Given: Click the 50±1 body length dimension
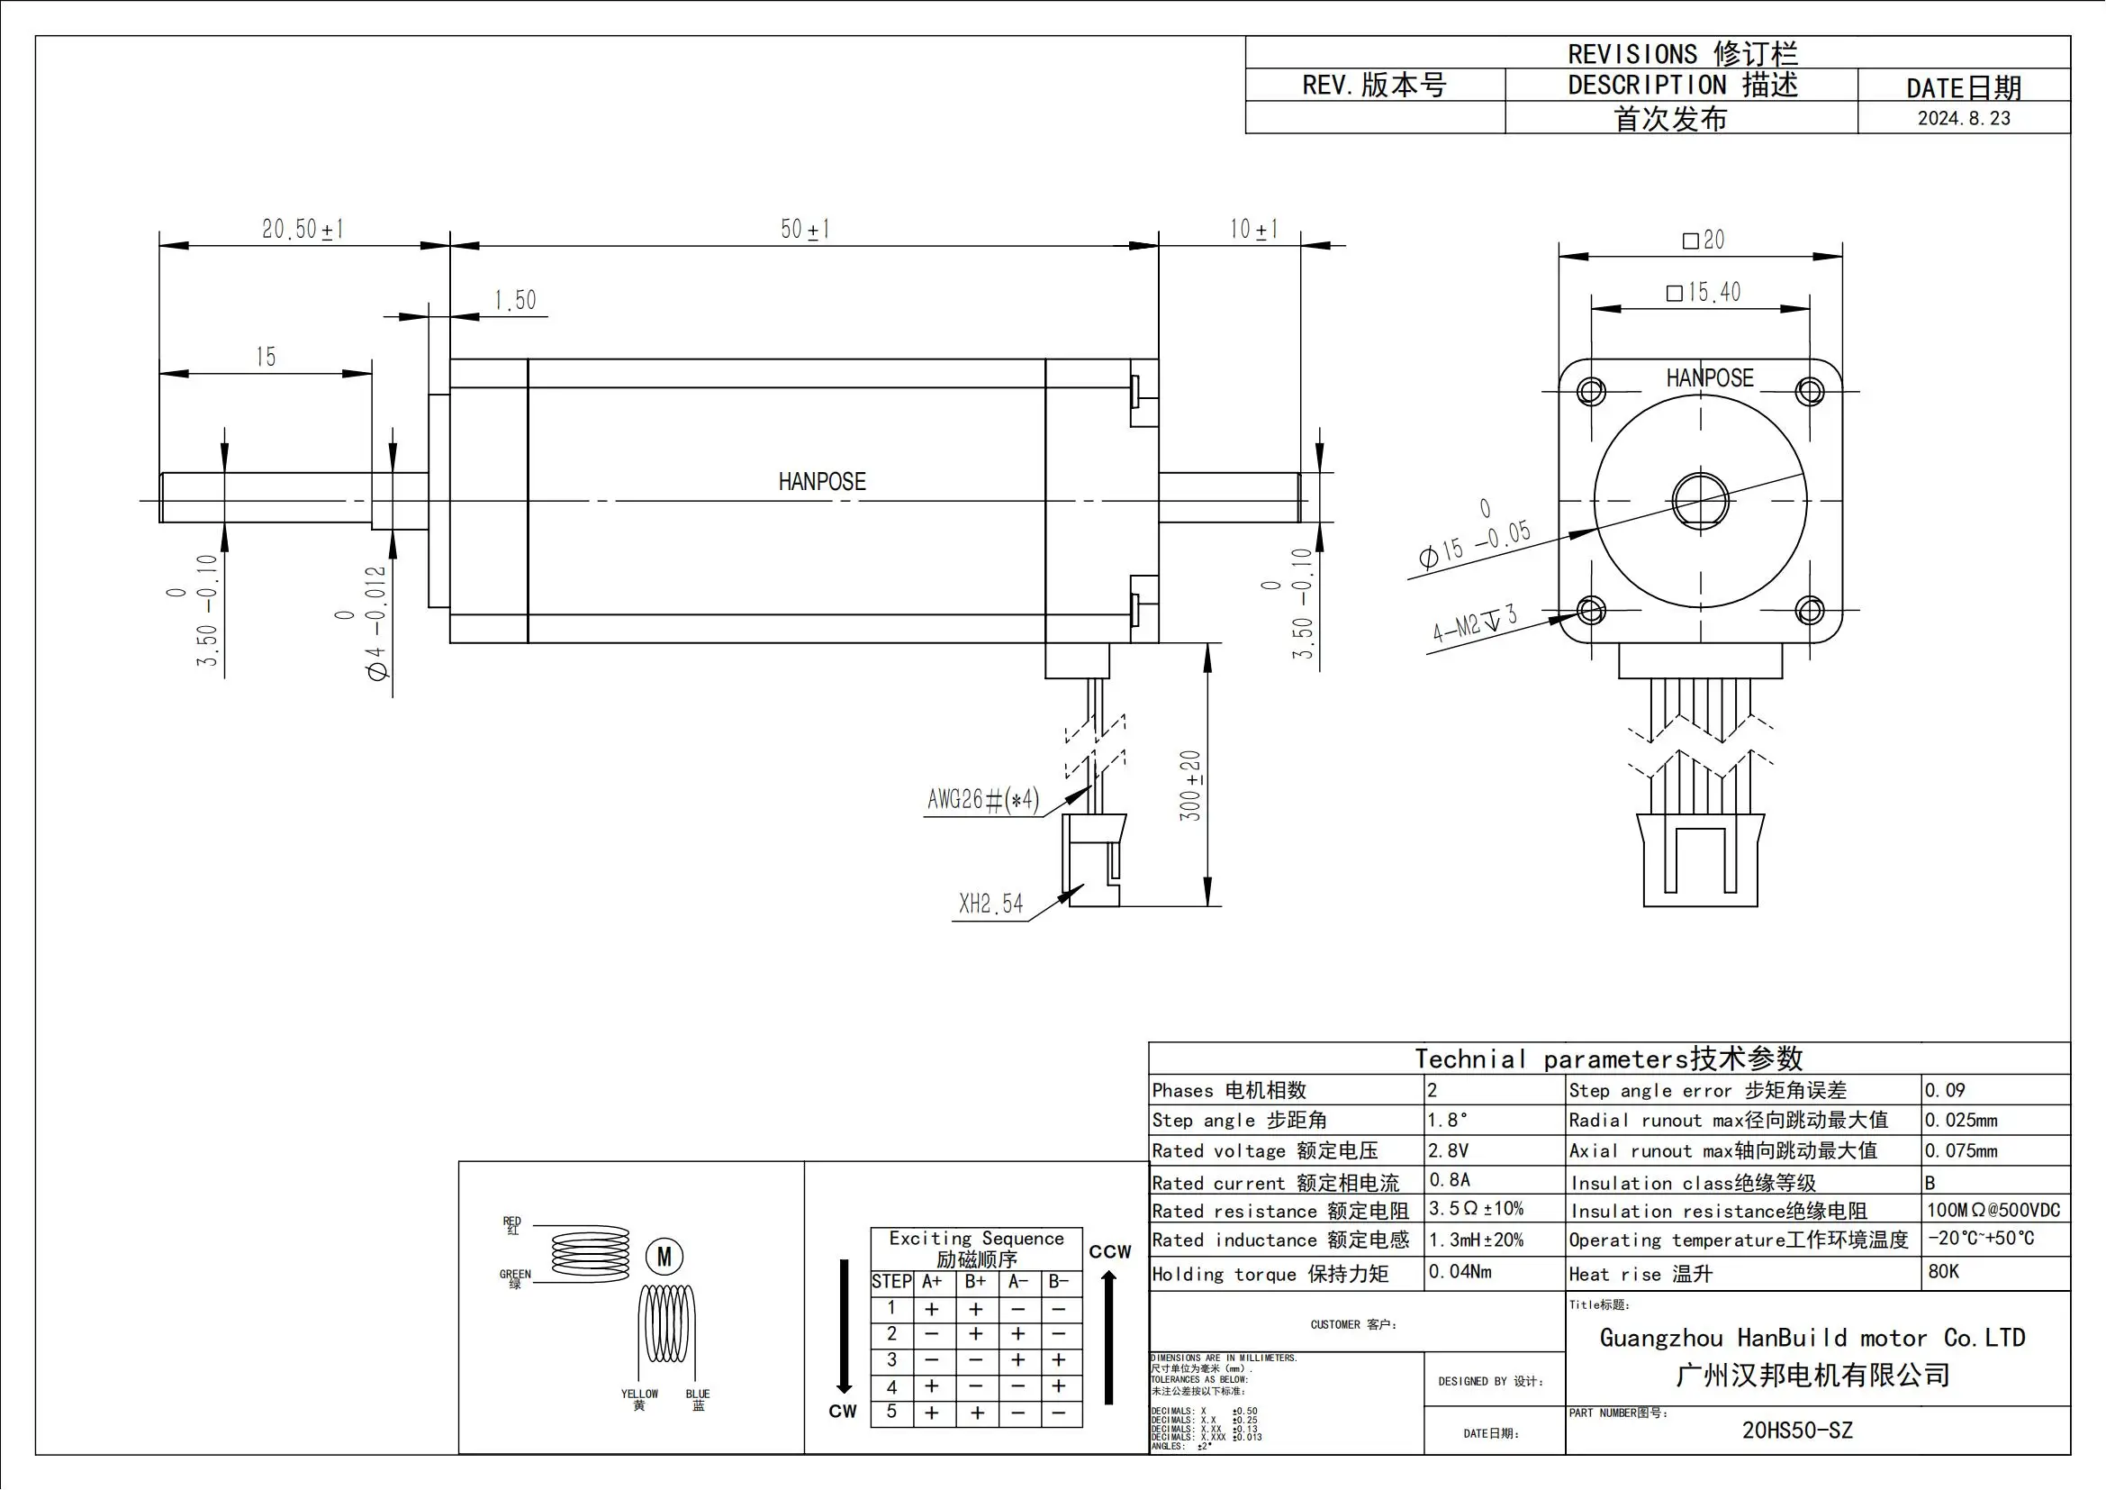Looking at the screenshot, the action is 804,229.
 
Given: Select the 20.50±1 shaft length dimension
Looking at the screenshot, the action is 303,229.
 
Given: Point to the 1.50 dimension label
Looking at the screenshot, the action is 515,300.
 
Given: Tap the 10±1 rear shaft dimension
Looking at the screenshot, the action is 1253,229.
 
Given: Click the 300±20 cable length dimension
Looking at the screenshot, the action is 1190,786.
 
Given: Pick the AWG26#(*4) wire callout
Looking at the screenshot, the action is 983,800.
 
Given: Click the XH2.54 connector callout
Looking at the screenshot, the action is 990,904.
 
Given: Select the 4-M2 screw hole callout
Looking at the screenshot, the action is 1475,623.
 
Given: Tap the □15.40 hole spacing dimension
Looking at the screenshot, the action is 1704,293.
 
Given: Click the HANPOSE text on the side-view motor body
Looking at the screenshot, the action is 822,482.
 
